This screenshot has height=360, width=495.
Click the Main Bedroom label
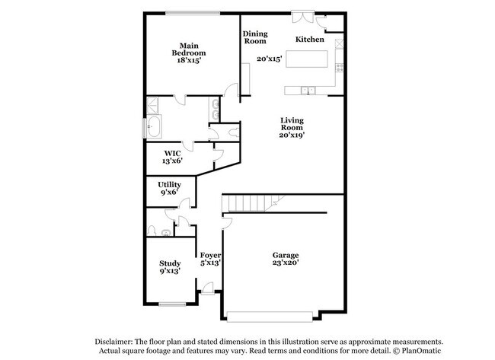(190, 52)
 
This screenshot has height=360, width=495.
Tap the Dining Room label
(254, 37)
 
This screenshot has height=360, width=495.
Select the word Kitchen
(310, 39)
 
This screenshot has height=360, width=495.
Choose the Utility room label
(169, 189)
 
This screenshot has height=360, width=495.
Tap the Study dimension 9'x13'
(169, 270)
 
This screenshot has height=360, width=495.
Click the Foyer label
(210, 255)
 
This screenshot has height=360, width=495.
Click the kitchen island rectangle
(308, 59)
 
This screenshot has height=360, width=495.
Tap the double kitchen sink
(308, 91)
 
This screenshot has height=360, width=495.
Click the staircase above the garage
(252, 203)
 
